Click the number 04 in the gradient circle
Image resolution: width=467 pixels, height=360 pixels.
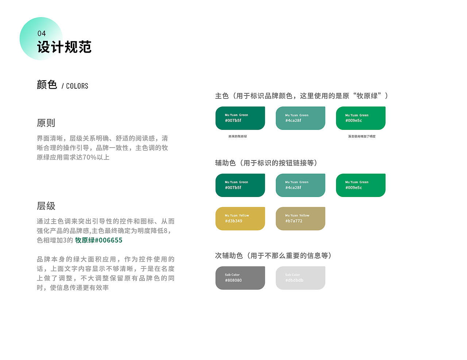(42, 34)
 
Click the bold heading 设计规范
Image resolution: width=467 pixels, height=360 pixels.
(64, 47)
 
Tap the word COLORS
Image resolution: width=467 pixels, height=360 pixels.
(77, 86)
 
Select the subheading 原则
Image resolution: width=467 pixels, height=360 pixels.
(46, 123)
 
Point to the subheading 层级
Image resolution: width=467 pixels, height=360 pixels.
(46, 206)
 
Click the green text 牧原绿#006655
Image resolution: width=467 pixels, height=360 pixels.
(99, 240)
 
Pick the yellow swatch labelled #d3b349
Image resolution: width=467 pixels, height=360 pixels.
(240, 218)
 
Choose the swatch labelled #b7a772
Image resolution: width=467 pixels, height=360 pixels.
(300, 218)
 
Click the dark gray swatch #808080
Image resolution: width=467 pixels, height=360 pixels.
(240, 278)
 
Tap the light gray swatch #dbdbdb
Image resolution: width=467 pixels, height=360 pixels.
(300, 278)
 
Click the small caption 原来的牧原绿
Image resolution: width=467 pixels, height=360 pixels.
(238, 136)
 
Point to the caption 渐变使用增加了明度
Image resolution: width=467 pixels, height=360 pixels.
(362, 136)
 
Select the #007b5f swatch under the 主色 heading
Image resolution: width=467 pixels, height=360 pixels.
(240, 118)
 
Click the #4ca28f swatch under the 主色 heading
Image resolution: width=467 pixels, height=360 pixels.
(300, 118)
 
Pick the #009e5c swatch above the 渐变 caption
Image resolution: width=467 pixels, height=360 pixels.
(360, 118)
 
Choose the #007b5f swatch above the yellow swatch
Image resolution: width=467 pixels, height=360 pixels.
(240, 185)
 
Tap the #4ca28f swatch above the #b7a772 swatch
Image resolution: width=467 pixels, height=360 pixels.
(300, 185)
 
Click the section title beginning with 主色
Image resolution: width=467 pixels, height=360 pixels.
(302, 96)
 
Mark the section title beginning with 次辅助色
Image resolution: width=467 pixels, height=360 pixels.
(274, 256)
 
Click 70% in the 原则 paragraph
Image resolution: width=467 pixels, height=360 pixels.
(90, 158)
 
